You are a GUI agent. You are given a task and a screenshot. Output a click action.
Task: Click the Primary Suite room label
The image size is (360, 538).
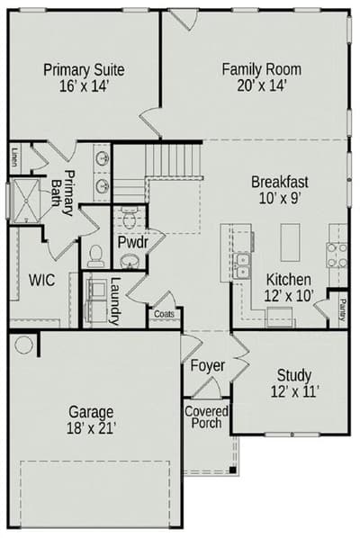click(x=84, y=70)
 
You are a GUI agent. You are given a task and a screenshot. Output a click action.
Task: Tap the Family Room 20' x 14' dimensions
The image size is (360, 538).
click(x=262, y=85)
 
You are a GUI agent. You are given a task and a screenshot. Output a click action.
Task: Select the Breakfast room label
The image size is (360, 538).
click(x=280, y=182)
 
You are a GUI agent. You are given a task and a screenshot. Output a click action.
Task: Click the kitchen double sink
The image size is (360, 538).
click(x=241, y=266)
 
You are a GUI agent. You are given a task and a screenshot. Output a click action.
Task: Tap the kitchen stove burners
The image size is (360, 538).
click(x=337, y=255)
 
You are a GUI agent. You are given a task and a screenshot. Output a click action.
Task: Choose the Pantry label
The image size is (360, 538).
click(x=342, y=309)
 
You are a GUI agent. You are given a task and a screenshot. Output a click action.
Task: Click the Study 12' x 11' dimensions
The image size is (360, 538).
click(x=294, y=392)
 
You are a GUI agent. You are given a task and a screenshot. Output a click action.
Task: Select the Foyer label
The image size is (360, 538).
click(x=208, y=365)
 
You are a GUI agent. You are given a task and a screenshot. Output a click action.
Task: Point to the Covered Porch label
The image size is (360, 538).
click(x=206, y=417)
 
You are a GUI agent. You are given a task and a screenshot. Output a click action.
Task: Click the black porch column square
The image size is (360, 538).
click(x=233, y=470)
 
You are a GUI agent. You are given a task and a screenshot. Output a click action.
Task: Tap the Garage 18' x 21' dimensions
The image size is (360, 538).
click(x=91, y=428)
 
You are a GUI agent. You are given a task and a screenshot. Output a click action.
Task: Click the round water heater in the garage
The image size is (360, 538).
click(x=24, y=345)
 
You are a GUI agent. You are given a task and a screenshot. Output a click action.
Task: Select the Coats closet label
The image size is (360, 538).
click(x=164, y=314)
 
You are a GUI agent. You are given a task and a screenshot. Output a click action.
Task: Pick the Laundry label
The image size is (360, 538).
click(x=115, y=300)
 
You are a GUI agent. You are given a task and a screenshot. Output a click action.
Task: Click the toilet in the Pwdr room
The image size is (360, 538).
click(x=129, y=218)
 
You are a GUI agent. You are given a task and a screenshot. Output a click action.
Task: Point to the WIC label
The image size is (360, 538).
click(x=41, y=281)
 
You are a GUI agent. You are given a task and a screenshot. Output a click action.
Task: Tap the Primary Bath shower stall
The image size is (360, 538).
click(x=26, y=201)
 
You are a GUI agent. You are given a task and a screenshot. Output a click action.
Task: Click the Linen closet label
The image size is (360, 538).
click(x=14, y=157)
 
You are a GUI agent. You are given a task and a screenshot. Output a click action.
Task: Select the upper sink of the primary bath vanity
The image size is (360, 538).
click(x=103, y=158)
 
